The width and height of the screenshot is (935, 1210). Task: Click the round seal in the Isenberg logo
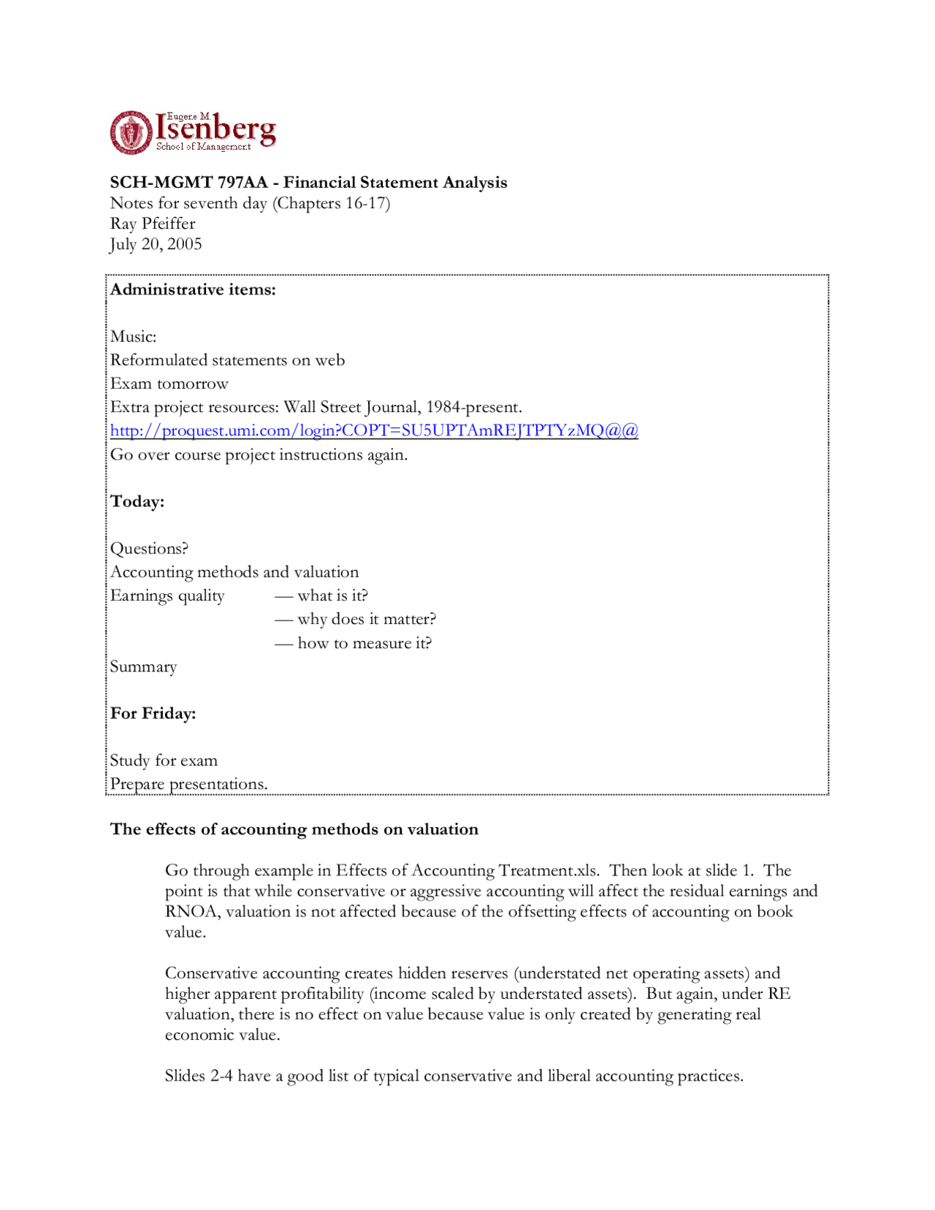pyautogui.click(x=131, y=133)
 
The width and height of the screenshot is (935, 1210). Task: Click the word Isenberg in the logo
pyautogui.click(x=216, y=130)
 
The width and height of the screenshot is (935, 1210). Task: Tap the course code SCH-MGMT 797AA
pyautogui.click(x=188, y=183)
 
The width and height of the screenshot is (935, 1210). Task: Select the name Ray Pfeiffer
pyautogui.click(x=153, y=224)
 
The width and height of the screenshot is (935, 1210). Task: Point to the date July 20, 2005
pyautogui.click(x=156, y=244)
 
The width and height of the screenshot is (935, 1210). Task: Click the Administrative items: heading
pyautogui.click(x=193, y=290)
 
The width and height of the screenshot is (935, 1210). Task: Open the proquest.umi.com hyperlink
pyautogui.click(x=374, y=430)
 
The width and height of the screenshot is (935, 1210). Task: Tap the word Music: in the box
pyautogui.click(x=134, y=337)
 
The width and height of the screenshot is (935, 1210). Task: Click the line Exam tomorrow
pyautogui.click(x=169, y=384)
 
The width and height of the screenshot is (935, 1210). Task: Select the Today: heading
pyautogui.click(x=137, y=502)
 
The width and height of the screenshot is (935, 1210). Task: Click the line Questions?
pyautogui.click(x=149, y=549)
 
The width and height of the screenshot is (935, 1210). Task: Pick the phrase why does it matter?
pyautogui.click(x=366, y=620)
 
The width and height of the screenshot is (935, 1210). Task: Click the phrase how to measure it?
pyautogui.click(x=364, y=644)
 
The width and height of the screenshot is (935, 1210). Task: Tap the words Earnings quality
pyautogui.click(x=167, y=596)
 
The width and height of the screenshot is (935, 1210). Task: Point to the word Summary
pyautogui.click(x=144, y=667)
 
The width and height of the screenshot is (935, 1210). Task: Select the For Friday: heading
pyautogui.click(x=153, y=714)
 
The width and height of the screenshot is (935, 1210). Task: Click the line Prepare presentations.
pyautogui.click(x=188, y=784)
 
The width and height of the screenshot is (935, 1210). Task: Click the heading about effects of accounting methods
pyautogui.click(x=294, y=829)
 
